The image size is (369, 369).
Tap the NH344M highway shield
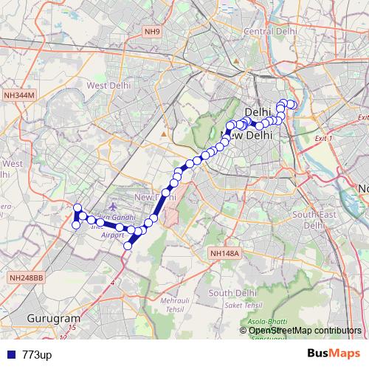(19, 95)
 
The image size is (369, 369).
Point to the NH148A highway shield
(225, 252)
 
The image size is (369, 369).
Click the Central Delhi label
(269, 31)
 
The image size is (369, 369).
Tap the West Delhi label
(108, 86)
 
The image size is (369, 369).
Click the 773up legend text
(37, 355)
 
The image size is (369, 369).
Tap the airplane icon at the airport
(112, 207)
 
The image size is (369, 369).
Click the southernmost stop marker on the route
(127, 246)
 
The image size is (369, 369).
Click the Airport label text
(113, 235)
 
